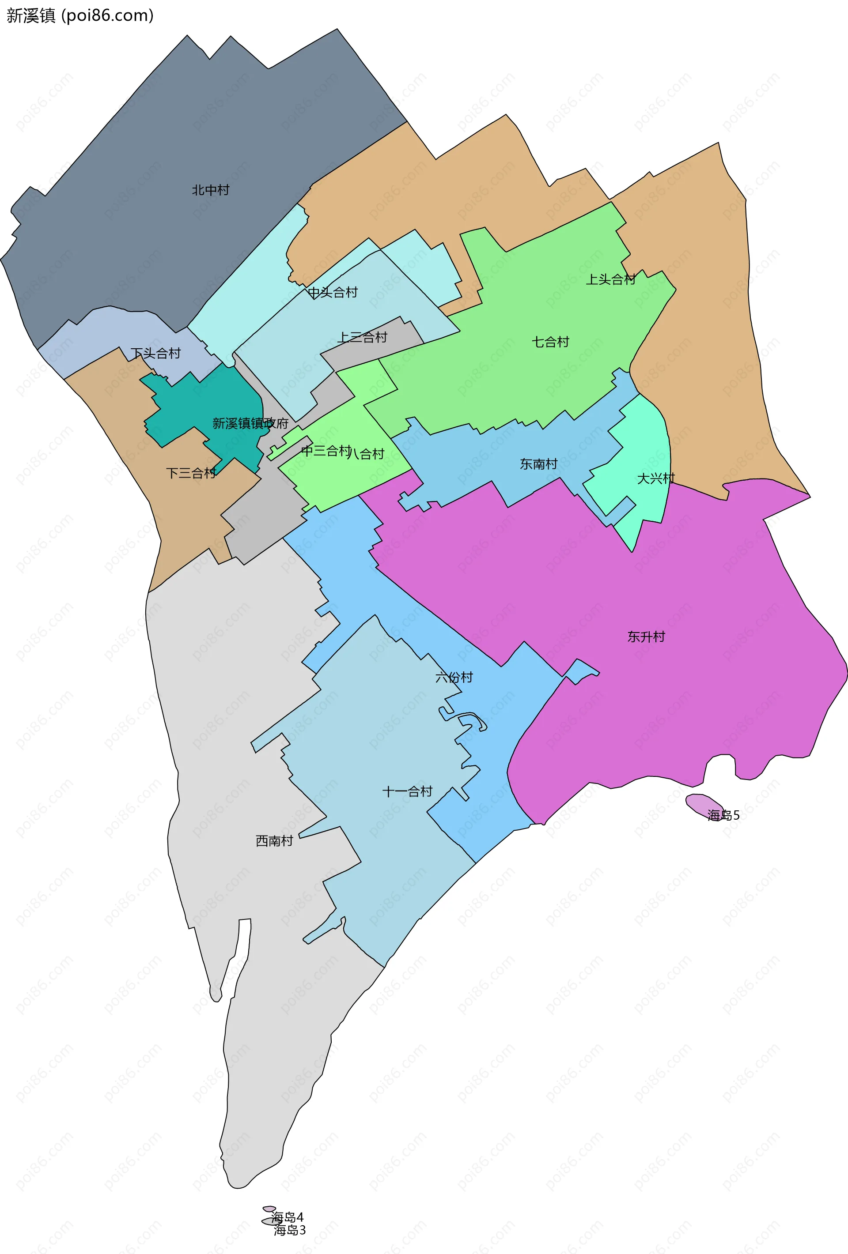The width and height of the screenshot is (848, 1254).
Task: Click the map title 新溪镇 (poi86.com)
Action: tap(80, 15)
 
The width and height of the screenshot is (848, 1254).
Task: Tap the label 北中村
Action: tap(211, 190)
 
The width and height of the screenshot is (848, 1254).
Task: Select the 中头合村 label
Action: tap(333, 293)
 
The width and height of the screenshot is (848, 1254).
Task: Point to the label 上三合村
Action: tap(362, 337)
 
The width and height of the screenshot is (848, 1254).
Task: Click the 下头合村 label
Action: tap(155, 354)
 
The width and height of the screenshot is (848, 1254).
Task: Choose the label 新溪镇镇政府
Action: tap(250, 423)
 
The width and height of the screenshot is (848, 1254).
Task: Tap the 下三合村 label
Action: tap(191, 473)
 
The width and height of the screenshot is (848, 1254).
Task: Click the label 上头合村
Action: tap(610, 279)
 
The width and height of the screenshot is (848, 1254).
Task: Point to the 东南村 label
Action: tap(538, 464)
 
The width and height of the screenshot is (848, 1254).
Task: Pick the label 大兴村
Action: tap(655, 478)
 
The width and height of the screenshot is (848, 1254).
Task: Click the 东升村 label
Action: tap(646, 637)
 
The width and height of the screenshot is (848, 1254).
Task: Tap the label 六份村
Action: tap(454, 677)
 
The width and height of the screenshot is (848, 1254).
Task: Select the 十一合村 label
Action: tap(408, 791)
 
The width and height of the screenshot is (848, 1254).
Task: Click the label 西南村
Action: tap(274, 841)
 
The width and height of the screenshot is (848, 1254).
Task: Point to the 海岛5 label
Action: tap(723, 815)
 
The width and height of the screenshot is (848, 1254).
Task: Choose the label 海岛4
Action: tap(287, 1217)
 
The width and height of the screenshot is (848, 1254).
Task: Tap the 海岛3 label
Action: tap(290, 1230)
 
